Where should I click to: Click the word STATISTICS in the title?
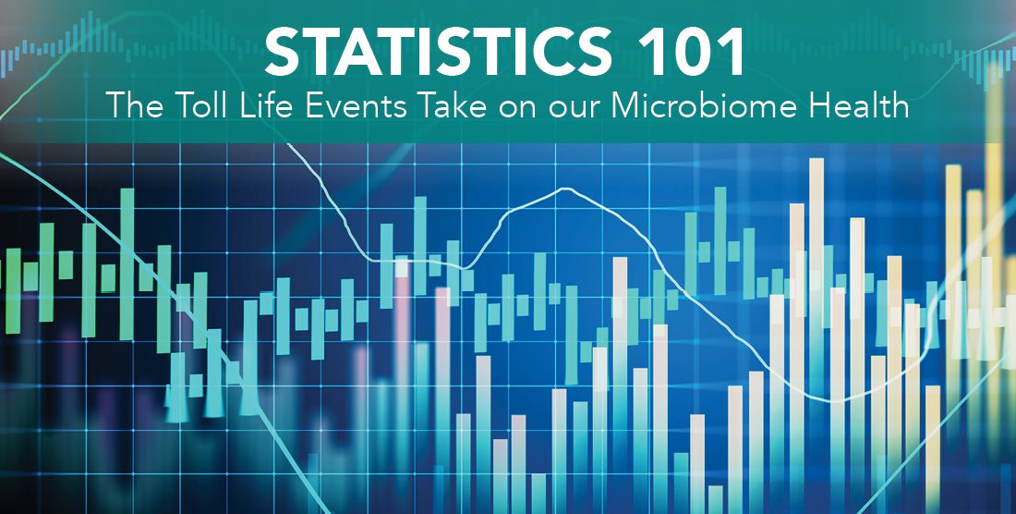[438, 53]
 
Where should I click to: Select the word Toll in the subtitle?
[199, 106]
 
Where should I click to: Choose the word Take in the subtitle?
[453, 106]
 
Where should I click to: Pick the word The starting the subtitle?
[134, 106]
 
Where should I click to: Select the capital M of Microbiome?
[626, 106]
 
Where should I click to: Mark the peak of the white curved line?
[565, 189]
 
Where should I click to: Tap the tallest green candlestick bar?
[127, 263]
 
